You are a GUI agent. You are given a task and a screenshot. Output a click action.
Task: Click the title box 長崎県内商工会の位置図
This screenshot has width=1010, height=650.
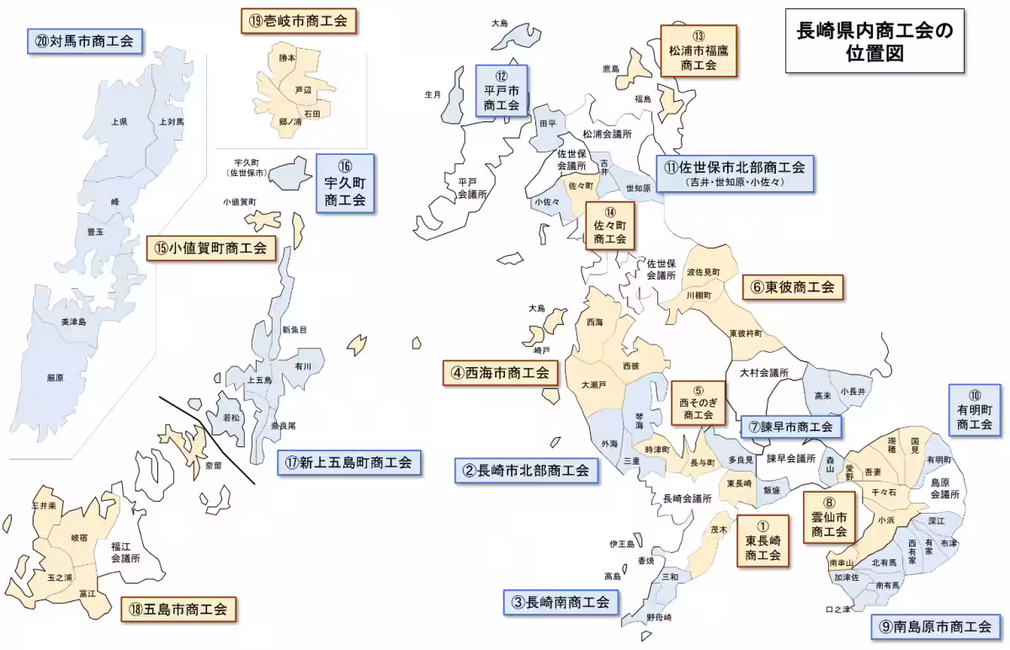(x=874, y=41)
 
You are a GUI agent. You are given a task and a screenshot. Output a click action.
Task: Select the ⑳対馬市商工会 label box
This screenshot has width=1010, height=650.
(x=84, y=40)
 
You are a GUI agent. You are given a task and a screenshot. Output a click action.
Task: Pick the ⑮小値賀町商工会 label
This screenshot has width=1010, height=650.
(x=211, y=248)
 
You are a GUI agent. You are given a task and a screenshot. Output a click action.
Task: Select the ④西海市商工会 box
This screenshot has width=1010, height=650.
(x=500, y=372)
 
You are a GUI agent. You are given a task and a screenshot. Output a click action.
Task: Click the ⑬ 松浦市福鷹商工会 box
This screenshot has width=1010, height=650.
(x=698, y=50)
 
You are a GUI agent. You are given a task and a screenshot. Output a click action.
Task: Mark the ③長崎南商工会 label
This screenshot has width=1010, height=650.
(x=561, y=602)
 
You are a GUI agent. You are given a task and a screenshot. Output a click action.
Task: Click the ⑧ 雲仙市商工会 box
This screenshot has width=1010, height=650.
(x=828, y=515)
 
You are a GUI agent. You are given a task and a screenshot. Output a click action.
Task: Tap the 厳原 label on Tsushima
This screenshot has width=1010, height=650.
(x=55, y=377)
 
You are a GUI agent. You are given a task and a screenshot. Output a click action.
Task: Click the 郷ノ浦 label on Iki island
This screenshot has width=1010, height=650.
(x=290, y=122)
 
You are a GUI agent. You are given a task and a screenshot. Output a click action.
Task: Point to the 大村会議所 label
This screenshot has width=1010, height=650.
(x=764, y=372)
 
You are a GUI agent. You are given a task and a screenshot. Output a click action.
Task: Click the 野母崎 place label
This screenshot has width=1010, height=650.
(x=659, y=618)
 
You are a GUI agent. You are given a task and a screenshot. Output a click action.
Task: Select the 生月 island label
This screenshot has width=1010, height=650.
(x=433, y=94)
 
